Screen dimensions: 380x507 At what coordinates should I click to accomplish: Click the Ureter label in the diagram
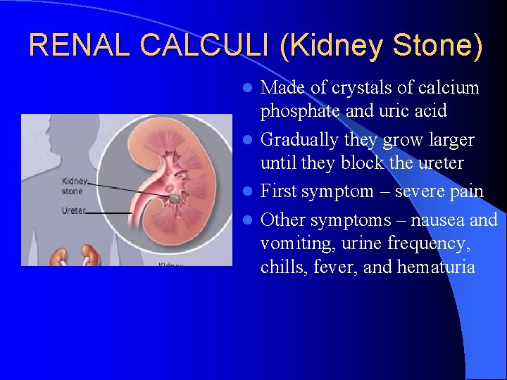[74, 210]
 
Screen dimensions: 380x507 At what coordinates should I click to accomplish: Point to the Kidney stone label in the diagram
[75, 186]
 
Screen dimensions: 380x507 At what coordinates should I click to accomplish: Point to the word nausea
[439, 220]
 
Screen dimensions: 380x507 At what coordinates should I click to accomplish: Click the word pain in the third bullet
[467, 192]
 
